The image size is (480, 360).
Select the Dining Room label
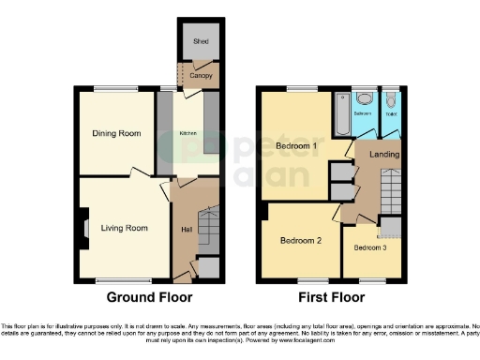(x=117, y=134)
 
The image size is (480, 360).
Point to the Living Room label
(x=125, y=228)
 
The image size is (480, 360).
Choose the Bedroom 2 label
(x=301, y=241)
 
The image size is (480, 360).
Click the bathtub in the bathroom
(x=339, y=113)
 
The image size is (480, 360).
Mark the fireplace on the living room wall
(x=83, y=228)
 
